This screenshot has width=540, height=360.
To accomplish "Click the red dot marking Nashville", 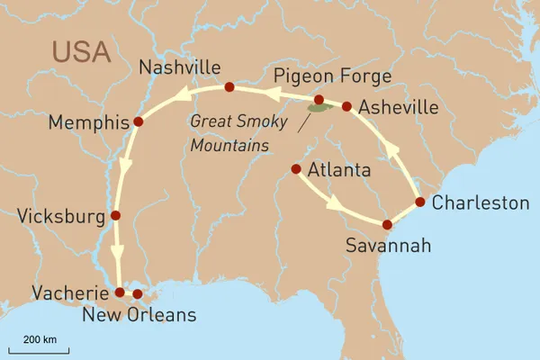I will click(x=229, y=87).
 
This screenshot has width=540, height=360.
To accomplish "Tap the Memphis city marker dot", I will click(x=138, y=121).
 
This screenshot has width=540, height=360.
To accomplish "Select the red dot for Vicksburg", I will click(x=115, y=215).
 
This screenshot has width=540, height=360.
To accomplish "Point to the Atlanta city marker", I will click(x=296, y=168).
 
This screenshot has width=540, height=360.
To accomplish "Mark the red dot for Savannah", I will click(x=387, y=224).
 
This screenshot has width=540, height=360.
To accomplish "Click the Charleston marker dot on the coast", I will click(x=419, y=201).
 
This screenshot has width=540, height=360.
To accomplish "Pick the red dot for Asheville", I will click(x=346, y=106).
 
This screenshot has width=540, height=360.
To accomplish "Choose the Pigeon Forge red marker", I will click(x=318, y=99).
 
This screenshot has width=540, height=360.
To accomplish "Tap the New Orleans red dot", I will click(x=138, y=293).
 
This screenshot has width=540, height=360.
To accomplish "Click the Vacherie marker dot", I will click(x=120, y=292).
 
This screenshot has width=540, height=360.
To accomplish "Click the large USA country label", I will click(x=80, y=50).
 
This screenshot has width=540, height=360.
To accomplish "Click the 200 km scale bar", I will click(x=39, y=349).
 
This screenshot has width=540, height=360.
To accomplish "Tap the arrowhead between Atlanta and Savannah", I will click(x=335, y=203).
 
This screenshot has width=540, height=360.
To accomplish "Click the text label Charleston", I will click(x=480, y=202).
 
